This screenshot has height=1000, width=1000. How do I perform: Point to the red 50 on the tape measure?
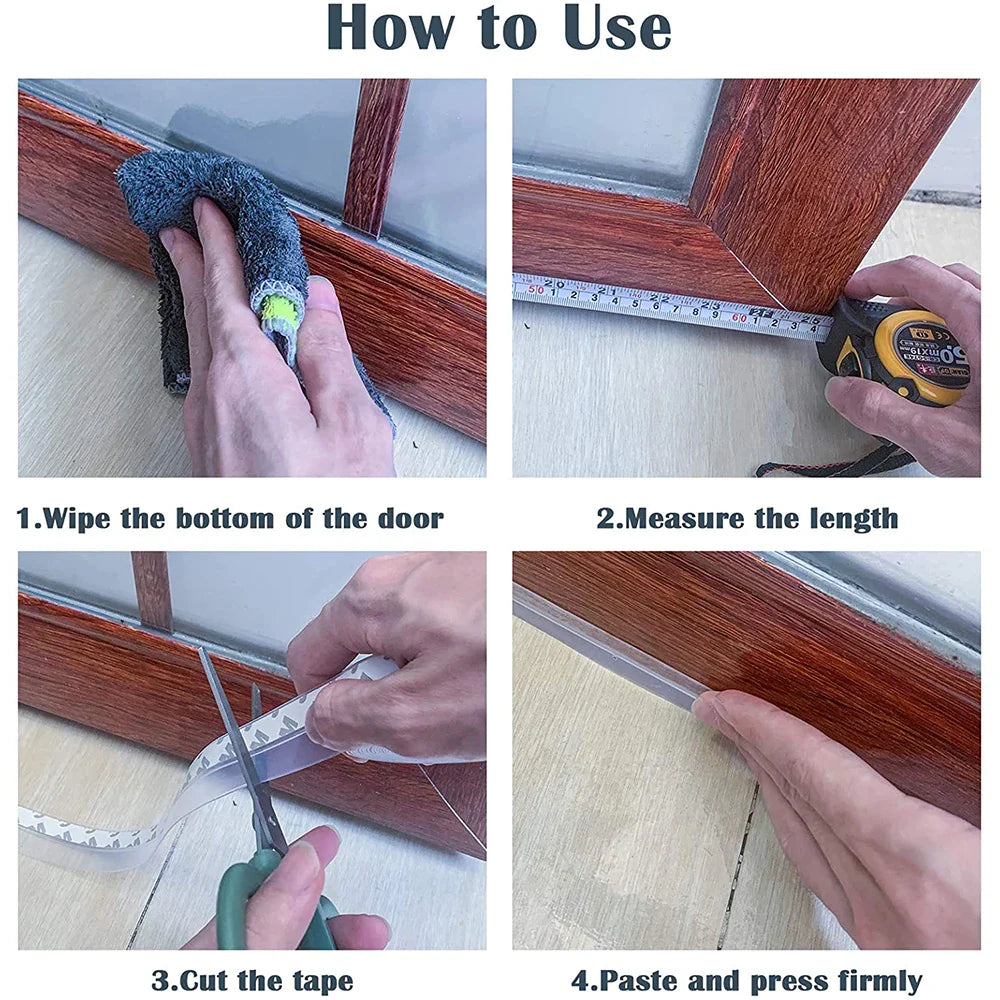(536, 288)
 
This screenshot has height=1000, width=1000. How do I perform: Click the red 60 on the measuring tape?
(741, 316)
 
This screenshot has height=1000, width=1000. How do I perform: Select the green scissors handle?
(240, 890)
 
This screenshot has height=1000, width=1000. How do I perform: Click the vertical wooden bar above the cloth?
(376, 150)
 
